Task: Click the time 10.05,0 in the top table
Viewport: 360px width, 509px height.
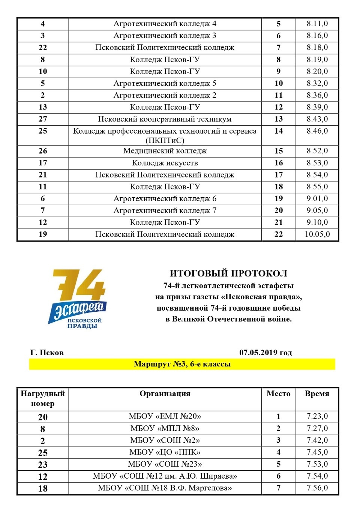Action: coord(317,234)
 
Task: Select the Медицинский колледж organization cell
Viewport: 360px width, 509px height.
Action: coord(165,151)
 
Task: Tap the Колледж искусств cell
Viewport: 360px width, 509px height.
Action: coord(165,163)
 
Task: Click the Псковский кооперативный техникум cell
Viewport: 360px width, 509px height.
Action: coord(165,119)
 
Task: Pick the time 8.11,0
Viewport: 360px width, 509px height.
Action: coord(317,24)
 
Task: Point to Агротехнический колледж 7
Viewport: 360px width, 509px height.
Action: coord(165,210)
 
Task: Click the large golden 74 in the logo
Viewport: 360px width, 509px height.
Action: coord(79,285)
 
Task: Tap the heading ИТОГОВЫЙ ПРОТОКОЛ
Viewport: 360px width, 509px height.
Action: coord(228,273)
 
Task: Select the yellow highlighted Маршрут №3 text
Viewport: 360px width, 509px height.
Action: coord(182,364)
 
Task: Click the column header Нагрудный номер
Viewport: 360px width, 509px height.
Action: coord(43,398)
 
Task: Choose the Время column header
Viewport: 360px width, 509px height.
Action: coord(317,394)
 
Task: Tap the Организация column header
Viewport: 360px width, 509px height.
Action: coord(165,394)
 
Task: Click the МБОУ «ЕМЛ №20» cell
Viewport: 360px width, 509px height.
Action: coord(165,416)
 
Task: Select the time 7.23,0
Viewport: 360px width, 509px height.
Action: coord(317,416)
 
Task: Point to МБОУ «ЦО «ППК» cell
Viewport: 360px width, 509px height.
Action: coord(165,452)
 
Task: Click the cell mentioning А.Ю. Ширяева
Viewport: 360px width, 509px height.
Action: coord(165,476)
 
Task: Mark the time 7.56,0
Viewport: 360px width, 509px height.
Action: coord(317,488)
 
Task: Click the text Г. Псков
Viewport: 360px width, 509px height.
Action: coord(47,353)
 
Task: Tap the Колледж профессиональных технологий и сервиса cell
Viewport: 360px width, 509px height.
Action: coord(165,135)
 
